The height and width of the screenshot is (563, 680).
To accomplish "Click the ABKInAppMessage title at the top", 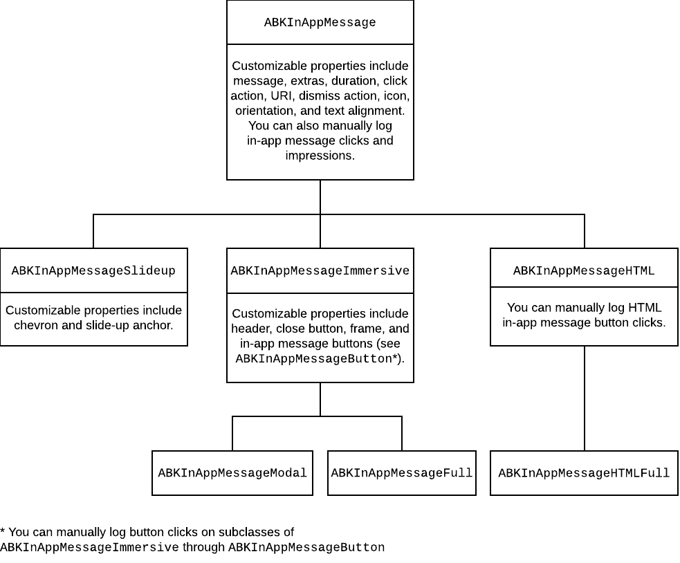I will (x=320, y=23).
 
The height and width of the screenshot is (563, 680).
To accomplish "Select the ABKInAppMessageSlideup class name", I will (x=93, y=271).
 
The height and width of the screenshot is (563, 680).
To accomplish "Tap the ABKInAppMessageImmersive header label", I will (x=320, y=271).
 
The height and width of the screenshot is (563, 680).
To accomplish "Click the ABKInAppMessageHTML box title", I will (x=584, y=271).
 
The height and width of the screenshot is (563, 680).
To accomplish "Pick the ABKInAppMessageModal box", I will (x=232, y=473).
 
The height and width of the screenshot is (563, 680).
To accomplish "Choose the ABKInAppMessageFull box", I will (x=401, y=473).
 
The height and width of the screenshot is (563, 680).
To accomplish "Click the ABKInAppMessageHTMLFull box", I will (x=584, y=473).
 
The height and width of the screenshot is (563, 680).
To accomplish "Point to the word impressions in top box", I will (x=320, y=156).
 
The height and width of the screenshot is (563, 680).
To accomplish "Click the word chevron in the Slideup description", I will (x=36, y=325).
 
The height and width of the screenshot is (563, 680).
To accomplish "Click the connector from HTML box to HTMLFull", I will (x=585, y=398).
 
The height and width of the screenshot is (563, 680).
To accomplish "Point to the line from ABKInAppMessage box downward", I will (x=320, y=197).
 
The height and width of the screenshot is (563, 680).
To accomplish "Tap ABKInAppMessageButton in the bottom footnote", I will (x=306, y=548).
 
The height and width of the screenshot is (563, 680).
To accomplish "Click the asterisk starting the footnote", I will (x=3, y=533).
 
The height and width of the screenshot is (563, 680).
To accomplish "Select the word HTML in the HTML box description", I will (x=647, y=308).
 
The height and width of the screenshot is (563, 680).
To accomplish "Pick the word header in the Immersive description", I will (x=250, y=329).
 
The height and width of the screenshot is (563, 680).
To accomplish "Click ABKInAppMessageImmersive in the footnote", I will (x=89, y=548).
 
